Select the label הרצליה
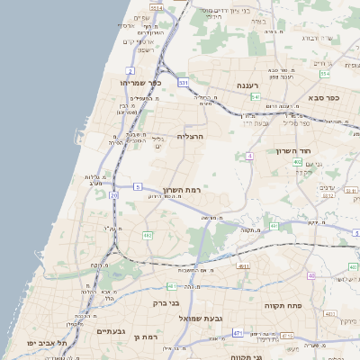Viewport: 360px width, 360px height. point(191,136)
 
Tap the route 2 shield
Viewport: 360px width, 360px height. point(130,69)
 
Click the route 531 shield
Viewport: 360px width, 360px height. point(183,83)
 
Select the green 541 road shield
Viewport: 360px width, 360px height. point(256,96)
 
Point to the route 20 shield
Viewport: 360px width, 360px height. point(113,194)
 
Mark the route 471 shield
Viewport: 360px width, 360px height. point(238,333)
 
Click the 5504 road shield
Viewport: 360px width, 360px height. point(156,7)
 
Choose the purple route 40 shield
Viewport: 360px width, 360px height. point(310,275)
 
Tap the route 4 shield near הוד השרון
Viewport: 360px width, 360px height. point(249,156)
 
